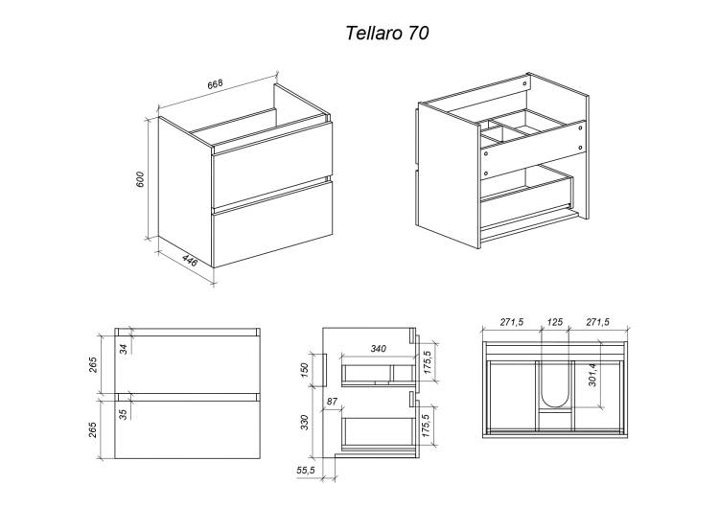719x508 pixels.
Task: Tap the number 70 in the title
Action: pyautogui.click(x=418, y=33)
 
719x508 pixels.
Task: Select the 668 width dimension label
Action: pyautogui.click(x=215, y=84)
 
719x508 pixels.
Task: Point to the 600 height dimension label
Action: pyautogui.click(x=140, y=179)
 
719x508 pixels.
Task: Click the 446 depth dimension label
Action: pyautogui.click(x=190, y=261)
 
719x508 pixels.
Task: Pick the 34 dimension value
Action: pyautogui.click(x=123, y=349)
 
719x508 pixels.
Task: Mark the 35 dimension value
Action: pyautogui.click(x=123, y=414)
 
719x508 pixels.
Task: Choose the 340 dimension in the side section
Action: pyautogui.click(x=378, y=349)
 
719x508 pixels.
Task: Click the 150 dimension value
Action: pyautogui.click(x=305, y=370)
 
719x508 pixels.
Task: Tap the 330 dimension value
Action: pyautogui.click(x=305, y=422)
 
